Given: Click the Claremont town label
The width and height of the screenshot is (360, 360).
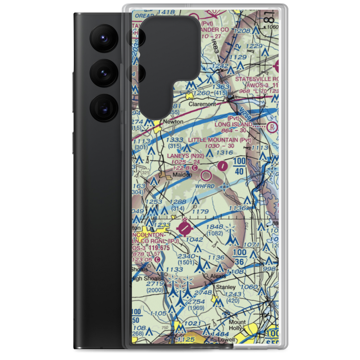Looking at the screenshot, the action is (203, 104).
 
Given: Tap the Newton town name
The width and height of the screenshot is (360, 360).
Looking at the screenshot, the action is (173, 122).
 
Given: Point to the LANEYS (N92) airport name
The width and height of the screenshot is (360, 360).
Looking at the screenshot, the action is (185, 156).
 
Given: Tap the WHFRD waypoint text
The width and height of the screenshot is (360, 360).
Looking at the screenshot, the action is (205, 186).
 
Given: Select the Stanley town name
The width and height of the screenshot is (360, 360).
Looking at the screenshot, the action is (225, 287).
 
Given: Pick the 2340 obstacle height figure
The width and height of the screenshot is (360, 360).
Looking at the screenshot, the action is (187, 256).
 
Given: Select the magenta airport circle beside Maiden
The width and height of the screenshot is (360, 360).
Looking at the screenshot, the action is (207, 176).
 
